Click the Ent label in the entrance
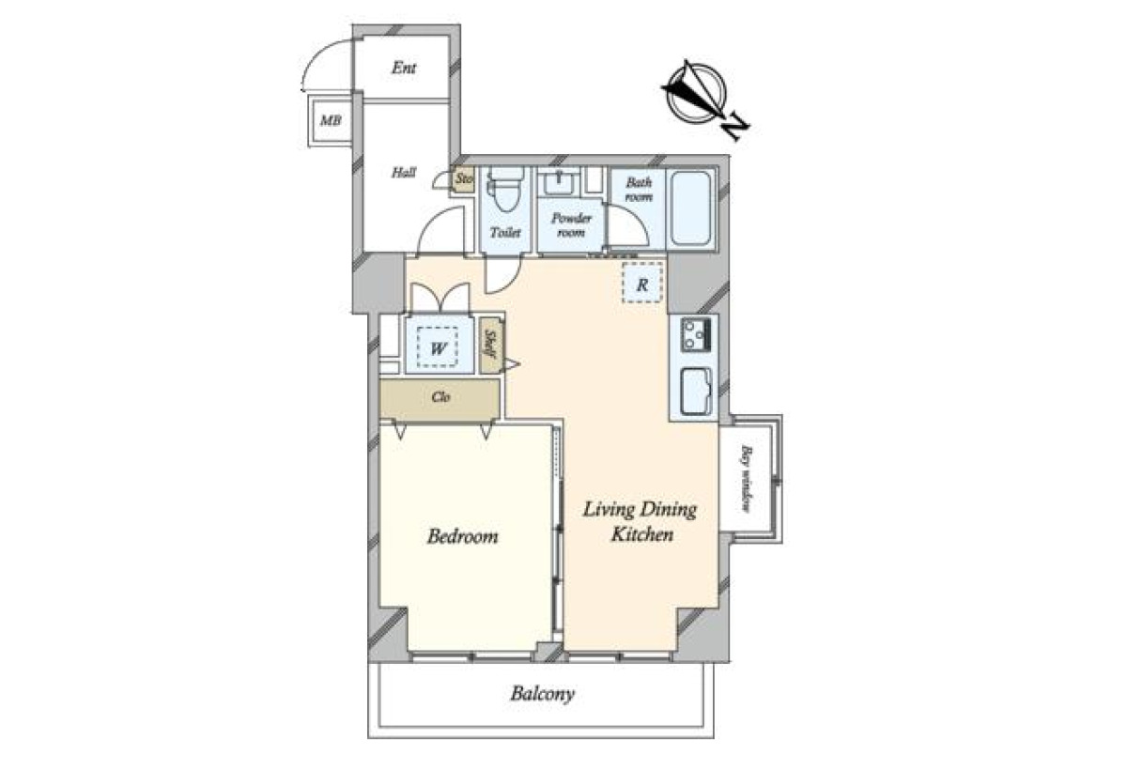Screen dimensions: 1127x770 (404, 68)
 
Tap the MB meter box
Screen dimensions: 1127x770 (331, 121)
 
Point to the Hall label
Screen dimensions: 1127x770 (404, 173)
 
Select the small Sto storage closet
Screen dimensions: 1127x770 (464, 179)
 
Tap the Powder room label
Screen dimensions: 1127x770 (571, 224)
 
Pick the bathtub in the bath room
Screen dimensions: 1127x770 (690, 208)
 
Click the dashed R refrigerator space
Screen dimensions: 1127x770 (642, 284)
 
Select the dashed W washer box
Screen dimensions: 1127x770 (438, 347)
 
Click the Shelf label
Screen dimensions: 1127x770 (489, 344)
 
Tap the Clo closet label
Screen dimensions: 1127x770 (440, 397)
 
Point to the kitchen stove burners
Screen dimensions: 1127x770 (695, 334)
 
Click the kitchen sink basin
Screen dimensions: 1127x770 (696, 392)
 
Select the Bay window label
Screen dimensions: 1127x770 (748, 479)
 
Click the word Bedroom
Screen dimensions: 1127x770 (463, 536)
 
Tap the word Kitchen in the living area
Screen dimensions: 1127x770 (642, 534)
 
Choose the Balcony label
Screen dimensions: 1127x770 (543, 695)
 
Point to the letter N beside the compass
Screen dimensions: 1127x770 (736, 129)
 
